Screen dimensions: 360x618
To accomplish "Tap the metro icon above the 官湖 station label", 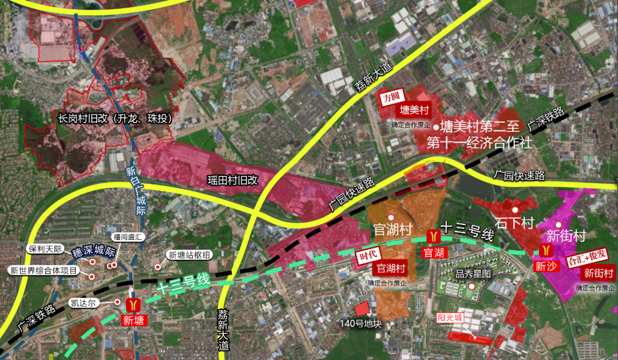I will pyautogui.click(x=433, y=236).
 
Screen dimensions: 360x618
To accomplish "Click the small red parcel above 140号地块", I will pyautogui.click(x=362, y=310).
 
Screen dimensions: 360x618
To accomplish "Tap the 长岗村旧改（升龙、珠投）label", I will pyautogui.click(x=114, y=119).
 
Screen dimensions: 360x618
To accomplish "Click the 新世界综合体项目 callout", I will pyautogui.click(x=43, y=270).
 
